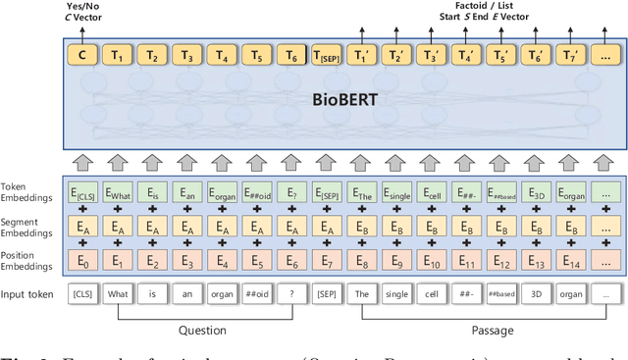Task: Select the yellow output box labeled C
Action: pyautogui.click(x=82, y=56)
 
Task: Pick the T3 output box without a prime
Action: pyautogui.click(x=186, y=56)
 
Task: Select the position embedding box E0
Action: pyautogui.click(x=82, y=261)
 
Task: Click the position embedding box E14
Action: pyautogui.click(x=572, y=261)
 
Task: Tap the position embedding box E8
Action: pyautogui.click(x=362, y=261)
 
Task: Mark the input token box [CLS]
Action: pyautogui.click(x=82, y=293)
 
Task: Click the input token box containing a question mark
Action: pyautogui.click(x=292, y=293)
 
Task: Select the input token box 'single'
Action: pyautogui.click(x=397, y=293)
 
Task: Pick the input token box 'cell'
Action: pyautogui.click(x=433, y=293)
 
